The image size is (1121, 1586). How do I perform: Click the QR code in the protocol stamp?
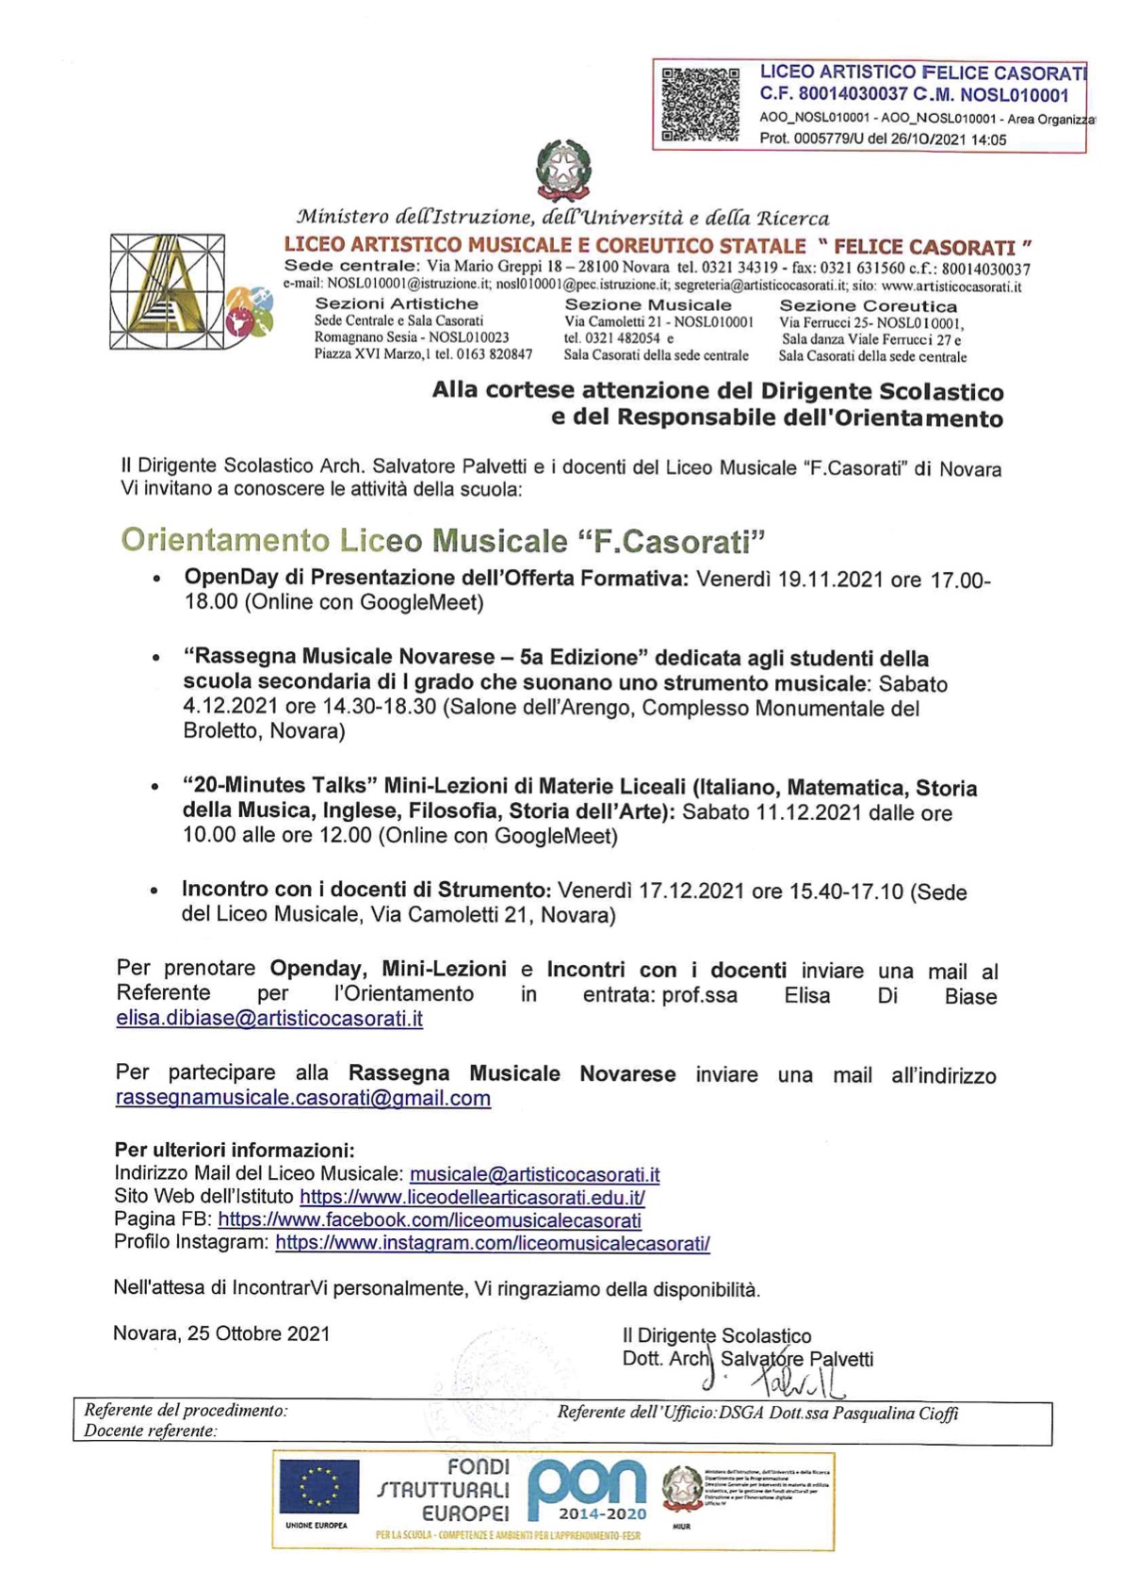[700, 104]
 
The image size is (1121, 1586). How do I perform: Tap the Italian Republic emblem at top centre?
[563, 171]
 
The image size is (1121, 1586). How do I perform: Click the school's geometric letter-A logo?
[167, 291]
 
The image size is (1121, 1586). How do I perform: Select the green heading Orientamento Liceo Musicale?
[443, 541]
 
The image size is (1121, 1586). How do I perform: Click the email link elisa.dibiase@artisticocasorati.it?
[269, 1019]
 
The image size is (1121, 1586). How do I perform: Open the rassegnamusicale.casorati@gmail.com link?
[302, 1098]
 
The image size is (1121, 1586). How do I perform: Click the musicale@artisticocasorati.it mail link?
[534, 1174]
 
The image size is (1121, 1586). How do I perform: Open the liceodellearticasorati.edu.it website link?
[472, 1198]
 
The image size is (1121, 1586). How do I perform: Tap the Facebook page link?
[430, 1220]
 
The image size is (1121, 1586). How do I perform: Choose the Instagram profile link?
[492, 1243]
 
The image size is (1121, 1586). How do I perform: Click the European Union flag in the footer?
[317, 1487]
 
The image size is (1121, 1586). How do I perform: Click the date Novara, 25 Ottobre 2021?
[221, 1333]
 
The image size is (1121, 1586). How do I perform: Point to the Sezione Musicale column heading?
[647, 305]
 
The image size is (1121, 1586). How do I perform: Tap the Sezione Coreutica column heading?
[868, 306]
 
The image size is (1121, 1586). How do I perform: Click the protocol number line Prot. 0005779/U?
[883, 139]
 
